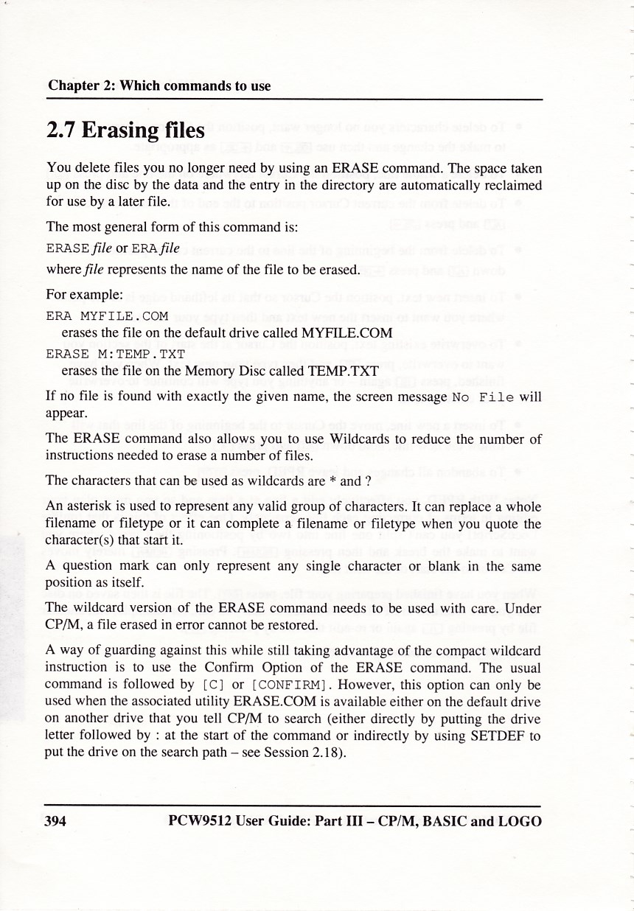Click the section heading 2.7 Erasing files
[125, 131]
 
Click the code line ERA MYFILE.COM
[108, 316]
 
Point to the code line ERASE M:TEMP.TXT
[115, 354]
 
